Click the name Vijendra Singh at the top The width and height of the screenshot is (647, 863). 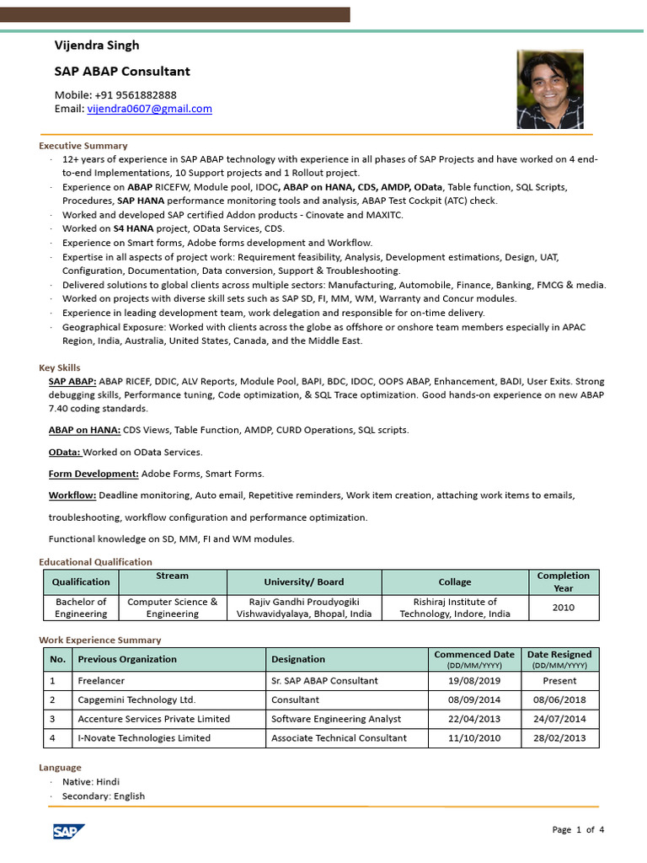pyautogui.click(x=97, y=45)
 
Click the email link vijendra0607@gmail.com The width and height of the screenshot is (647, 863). pyautogui.click(x=149, y=109)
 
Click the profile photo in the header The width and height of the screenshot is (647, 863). pyautogui.click(x=549, y=90)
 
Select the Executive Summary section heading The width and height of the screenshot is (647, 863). pyautogui.click(x=83, y=145)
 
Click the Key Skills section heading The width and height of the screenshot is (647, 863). pyautogui.click(x=60, y=367)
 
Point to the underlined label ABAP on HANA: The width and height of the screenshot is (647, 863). pyautogui.click(x=84, y=430)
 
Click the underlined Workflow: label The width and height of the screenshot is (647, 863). pyautogui.click(x=72, y=496)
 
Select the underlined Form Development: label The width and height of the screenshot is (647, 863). pyautogui.click(x=94, y=474)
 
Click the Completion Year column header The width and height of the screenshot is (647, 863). pyautogui.click(x=563, y=582)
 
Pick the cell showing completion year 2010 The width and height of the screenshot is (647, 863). pyautogui.click(x=563, y=608)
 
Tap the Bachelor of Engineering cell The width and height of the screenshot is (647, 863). pyautogui.click(x=81, y=608)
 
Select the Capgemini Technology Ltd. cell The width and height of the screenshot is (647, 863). pyautogui.click(x=136, y=700)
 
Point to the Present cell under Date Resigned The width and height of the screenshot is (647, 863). pyautogui.click(x=559, y=680)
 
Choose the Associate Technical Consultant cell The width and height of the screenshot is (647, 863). pyautogui.click(x=339, y=738)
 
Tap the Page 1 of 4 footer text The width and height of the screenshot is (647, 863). pyautogui.click(x=578, y=830)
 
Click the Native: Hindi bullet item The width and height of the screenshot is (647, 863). pyautogui.click(x=91, y=782)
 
